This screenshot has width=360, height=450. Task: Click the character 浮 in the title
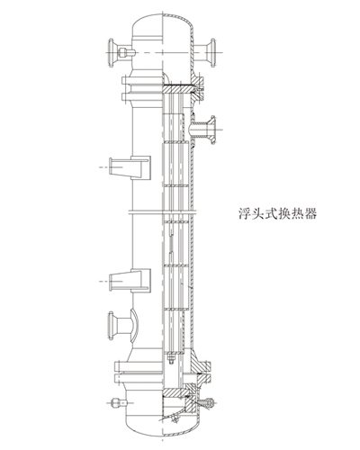pos(245,213)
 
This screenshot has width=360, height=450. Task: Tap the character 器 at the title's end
pos(310,213)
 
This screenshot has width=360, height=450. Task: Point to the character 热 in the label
pos(297,213)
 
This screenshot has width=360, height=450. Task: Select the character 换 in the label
pos(284,213)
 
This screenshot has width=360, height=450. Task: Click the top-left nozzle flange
pos(111,52)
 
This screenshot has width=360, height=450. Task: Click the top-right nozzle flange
pos(213,52)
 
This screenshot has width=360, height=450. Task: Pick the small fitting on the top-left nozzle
pos(126,53)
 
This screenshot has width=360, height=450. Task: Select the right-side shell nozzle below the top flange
pos(205,130)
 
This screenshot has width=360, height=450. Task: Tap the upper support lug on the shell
pos(130,167)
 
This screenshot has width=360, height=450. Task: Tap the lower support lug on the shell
pos(130,280)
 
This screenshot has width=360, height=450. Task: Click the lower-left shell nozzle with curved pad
pos(123,326)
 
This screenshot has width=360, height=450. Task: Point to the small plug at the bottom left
pos(118,402)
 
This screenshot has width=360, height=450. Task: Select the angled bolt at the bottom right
pos(206,403)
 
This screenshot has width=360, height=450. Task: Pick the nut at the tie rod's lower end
pos(171,359)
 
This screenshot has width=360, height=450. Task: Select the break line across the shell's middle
pos(162,212)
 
